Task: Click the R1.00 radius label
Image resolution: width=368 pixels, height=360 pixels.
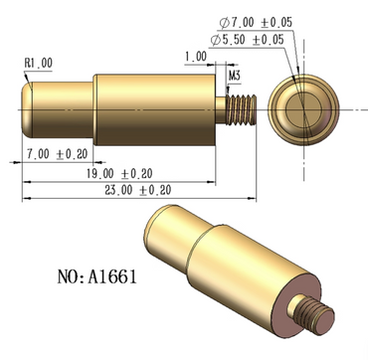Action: tap(39, 63)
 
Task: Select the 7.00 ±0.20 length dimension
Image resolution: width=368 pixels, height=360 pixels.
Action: tap(58, 154)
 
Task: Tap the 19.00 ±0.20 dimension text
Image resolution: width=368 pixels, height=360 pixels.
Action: tap(119, 173)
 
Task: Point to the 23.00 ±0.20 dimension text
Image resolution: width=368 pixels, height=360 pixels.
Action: tap(138, 190)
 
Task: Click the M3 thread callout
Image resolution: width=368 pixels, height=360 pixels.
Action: tap(235, 76)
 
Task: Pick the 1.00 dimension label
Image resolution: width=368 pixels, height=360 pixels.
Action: tap(196, 57)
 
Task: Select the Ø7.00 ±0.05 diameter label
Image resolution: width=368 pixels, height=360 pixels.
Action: tap(256, 23)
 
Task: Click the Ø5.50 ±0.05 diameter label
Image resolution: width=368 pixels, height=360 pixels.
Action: tap(248, 40)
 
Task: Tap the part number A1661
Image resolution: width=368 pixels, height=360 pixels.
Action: tap(112, 276)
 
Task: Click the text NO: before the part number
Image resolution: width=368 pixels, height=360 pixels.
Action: tap(72, 276)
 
